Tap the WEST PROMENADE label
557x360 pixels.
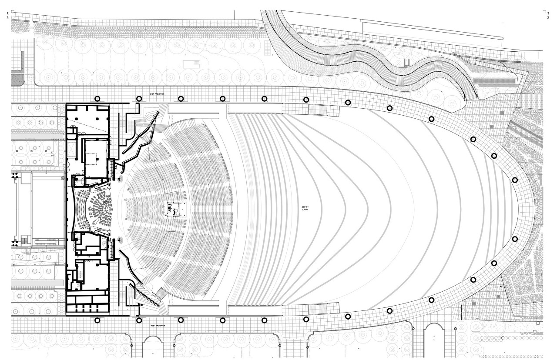tap(158, 325)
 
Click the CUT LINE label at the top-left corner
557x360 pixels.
tap(14, 17)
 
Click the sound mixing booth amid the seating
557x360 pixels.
tap(175, 210)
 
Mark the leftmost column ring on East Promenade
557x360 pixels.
tap(97, 99)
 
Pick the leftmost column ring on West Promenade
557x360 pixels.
tap(97, 320)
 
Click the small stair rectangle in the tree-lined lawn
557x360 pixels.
tap(191, 64)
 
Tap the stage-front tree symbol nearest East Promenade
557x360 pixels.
tap(119, 178)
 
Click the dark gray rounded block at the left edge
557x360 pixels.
tap(18, 79)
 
